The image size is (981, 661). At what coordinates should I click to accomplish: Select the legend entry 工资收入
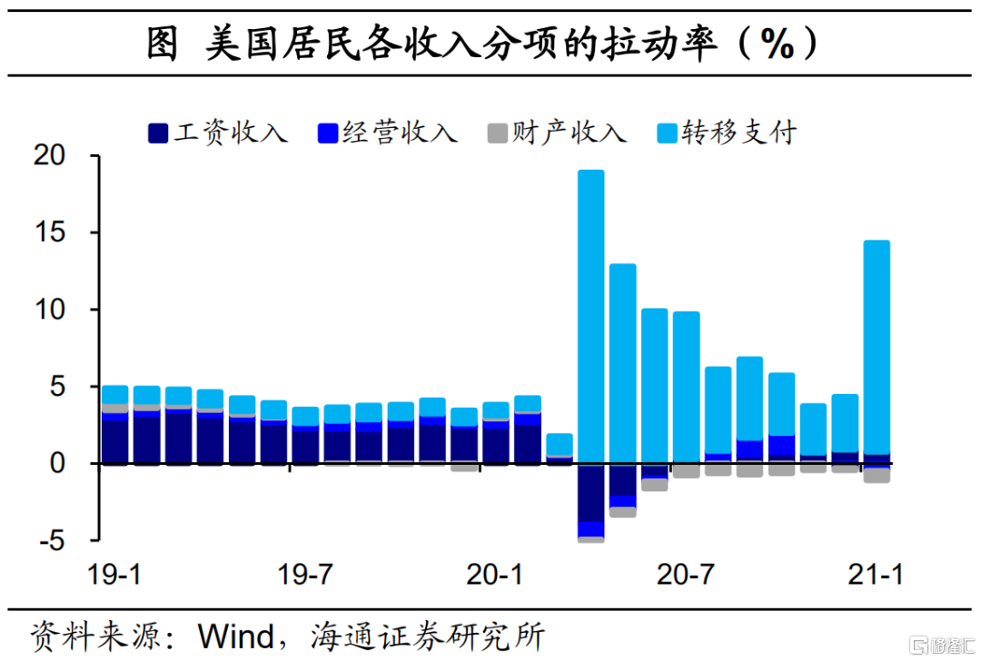218,133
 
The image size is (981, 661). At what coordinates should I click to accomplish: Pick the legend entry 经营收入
387,133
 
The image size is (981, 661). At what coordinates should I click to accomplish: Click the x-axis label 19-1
114,575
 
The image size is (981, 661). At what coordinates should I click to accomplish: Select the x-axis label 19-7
304,575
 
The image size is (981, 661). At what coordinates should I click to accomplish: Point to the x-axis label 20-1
496,575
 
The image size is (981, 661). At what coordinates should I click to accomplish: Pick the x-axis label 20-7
685,575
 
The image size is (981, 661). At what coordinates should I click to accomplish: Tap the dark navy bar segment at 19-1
114,441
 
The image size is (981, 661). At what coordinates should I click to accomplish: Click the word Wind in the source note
236,635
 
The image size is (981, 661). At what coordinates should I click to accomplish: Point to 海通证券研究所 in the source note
427,635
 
